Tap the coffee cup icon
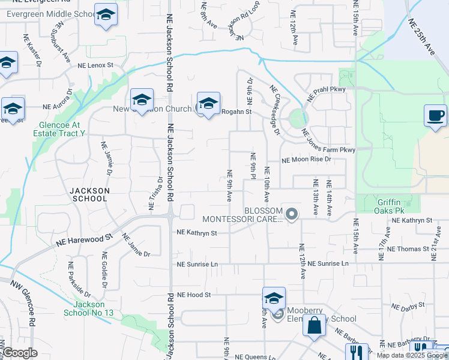pyautogui.click(x=435, y=115)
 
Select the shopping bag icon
pyautogui.click(x=314, y=326)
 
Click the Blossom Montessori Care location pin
pyautogui.click(x=292, y=214)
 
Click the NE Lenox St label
pyautogui.click(x=95, y=65)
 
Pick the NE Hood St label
pyautogui.click(x=194, y=295)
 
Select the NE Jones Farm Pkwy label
pyautogui.click(x=328, y=141)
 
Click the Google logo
pyautogui.click(x=20, y=353)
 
